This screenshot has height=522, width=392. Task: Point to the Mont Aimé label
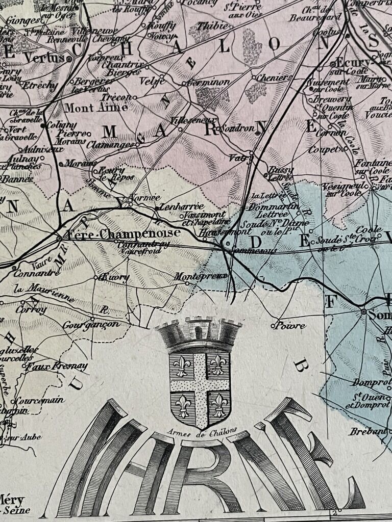85,108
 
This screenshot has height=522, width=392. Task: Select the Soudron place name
237,128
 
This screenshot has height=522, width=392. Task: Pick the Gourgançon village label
91,324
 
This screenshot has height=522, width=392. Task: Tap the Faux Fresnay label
57,366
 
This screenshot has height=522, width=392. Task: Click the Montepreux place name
192,276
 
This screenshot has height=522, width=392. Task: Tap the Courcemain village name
41,400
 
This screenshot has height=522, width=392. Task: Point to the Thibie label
209,24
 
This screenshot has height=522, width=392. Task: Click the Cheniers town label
274,78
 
